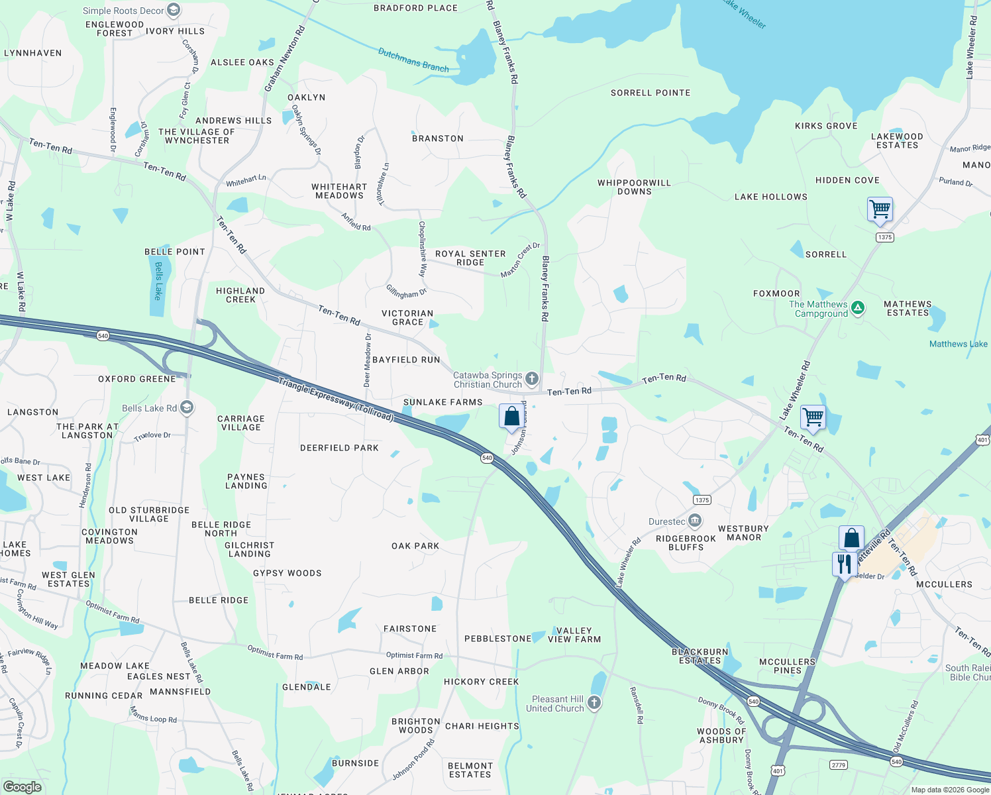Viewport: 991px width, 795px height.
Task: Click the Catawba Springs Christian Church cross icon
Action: (531, 379)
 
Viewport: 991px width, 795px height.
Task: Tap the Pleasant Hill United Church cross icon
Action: (594, 703)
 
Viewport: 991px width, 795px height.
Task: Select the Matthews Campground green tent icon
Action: (858, 307)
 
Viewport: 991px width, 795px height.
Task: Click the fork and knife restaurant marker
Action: (843, 564)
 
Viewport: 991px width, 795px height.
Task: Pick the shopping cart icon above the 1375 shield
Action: (880, 209)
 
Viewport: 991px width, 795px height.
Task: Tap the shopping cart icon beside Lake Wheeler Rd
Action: (813, 417)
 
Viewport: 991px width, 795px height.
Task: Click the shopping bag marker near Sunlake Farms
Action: (511, 417)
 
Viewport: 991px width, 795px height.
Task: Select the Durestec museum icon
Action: (694, 521)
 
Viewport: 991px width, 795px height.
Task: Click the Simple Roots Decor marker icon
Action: (174, 10)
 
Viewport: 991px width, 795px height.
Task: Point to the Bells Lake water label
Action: (158, 281)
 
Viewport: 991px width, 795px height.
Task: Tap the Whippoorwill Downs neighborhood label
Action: (634, 187)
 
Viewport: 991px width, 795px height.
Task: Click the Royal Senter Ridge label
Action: (470, 258)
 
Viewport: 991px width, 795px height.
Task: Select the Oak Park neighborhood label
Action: (415, 546)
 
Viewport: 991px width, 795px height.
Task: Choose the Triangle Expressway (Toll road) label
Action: (336, 399)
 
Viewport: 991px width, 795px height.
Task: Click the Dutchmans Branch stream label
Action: (413, 60)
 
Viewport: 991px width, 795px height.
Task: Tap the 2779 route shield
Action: (839, 765)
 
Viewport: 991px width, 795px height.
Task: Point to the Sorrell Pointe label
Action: (651, 93)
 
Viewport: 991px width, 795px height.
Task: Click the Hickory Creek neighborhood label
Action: (482, 682)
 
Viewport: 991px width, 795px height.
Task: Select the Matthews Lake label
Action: (958, 344)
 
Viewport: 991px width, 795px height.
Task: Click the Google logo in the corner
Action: (23, 786)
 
